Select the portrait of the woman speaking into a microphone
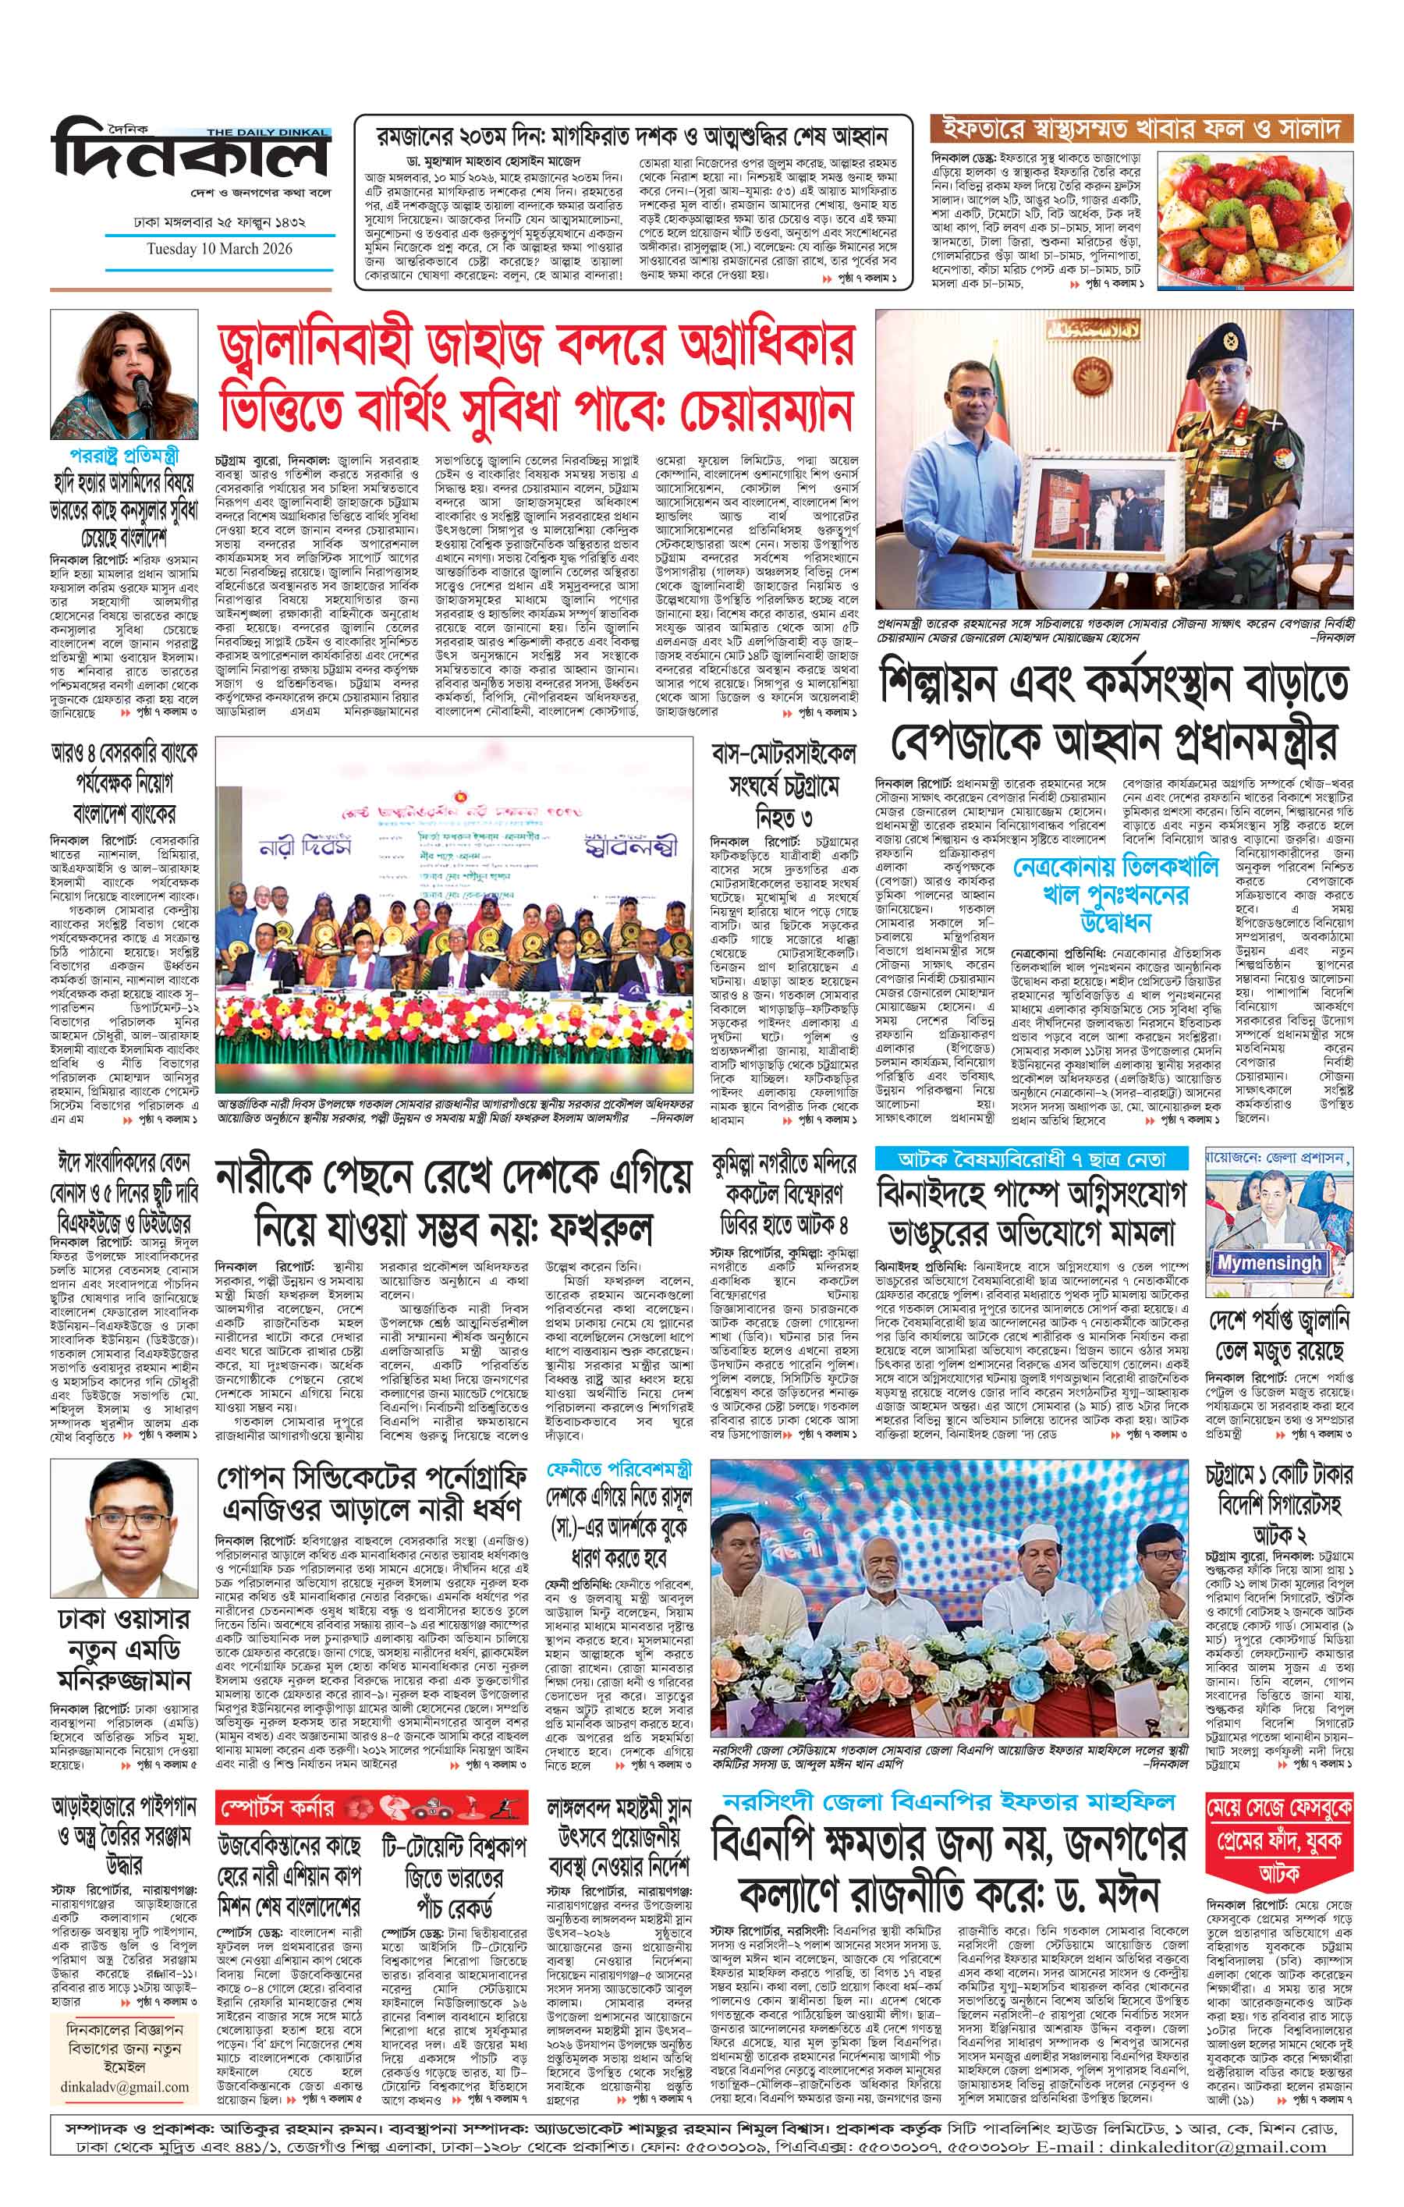point(124,376)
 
